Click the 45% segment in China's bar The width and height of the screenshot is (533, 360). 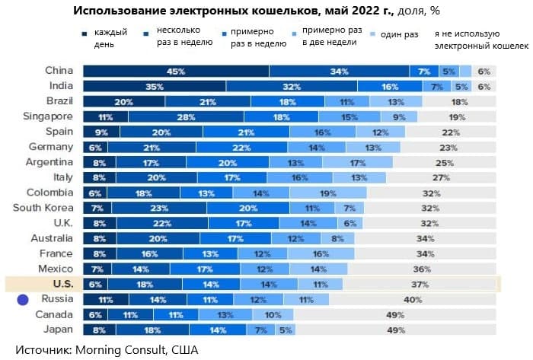click(x=176, y=72)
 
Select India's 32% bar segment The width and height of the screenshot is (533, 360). click(x=292, y=87)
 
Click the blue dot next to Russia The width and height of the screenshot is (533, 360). click(x=23, y=300)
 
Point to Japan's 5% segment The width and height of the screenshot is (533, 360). click(x=286, y=330)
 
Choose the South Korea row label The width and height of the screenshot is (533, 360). click(x=43, y=208)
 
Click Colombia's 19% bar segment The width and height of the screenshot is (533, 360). click(x=328, y=193)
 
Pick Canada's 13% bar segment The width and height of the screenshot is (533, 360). click(x=225, y=314)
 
